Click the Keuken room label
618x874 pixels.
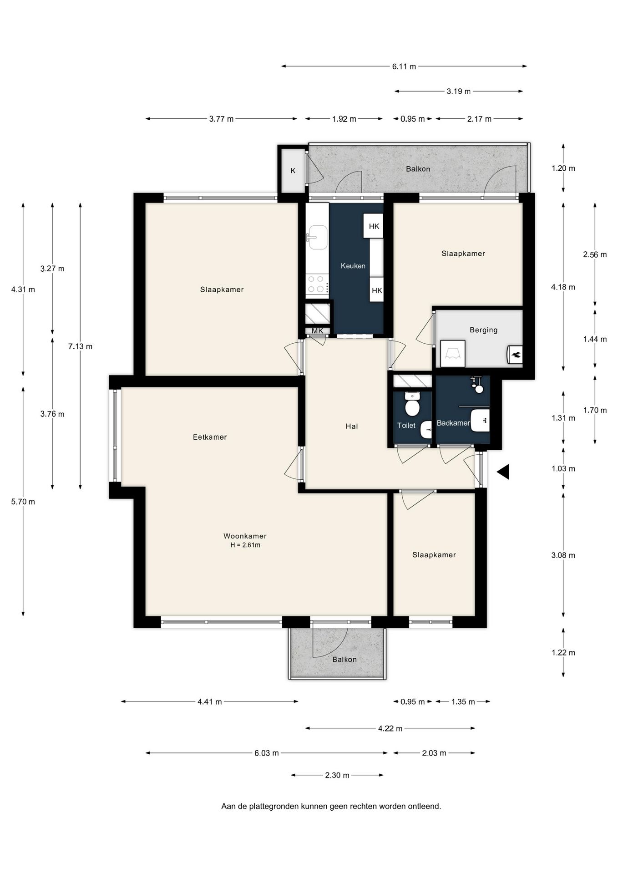(x=353, y=266)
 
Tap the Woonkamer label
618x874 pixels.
(x=245, y=536)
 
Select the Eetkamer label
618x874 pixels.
(x=210, y=437)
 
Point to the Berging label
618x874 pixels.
(x=483, y=330)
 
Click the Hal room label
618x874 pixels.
(x=351, y=427)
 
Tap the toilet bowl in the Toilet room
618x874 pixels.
(x=412, y=405)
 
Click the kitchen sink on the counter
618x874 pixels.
(x=318, y=237)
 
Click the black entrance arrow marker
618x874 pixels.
(x=503, y=472)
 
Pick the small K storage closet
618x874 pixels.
(x=293, y=171)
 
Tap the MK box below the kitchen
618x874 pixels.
(x=317, y=331)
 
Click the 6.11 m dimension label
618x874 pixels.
(x=404, y=66)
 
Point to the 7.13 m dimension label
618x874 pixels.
(x=80, y=346)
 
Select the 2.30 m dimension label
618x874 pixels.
(x=337, y=775)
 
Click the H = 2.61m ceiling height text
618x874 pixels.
(x=245, y=545)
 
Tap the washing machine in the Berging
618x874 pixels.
(x=453, y=353)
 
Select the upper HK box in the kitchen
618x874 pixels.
(x=374, y=226)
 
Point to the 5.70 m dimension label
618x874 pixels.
(x=23, y=502)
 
